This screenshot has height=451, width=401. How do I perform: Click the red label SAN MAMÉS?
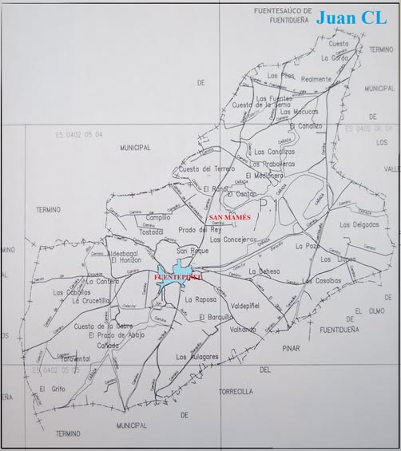click(x=229, y=217)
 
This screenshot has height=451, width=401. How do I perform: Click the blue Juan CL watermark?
click(x=351, y=18)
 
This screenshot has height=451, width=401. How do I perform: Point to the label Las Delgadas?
click(x=359, y=224)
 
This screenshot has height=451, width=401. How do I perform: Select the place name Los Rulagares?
click(x=197, y=356)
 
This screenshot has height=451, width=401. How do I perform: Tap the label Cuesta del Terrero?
click(x=207, y=168)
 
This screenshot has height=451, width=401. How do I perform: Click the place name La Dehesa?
click(x=264, y=271)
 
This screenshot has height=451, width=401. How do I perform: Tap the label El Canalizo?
click(x=306, y=125)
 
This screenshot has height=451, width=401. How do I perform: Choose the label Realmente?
click(x=316, y=79)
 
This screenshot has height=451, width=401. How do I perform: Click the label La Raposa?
click(x=200, y=299)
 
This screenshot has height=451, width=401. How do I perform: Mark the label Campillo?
click(x=158, y=217)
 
